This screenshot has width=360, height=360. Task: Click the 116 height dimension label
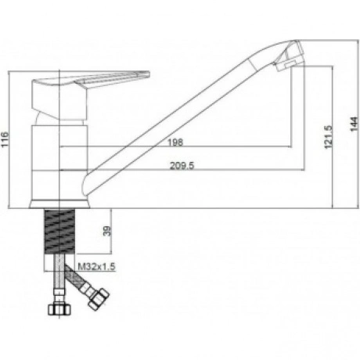[5, 140]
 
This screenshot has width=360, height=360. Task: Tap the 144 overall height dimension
[354, 124]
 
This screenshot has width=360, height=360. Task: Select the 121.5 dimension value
[329, 137]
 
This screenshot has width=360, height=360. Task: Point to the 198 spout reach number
[175, 142]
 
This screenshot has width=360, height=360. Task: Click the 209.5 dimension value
[182, 165]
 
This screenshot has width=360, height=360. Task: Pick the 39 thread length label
[107, 231]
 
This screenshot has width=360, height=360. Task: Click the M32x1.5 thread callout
[96, 266]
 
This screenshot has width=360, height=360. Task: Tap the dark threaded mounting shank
[60, 232]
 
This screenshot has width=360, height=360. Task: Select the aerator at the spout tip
[290, 56]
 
